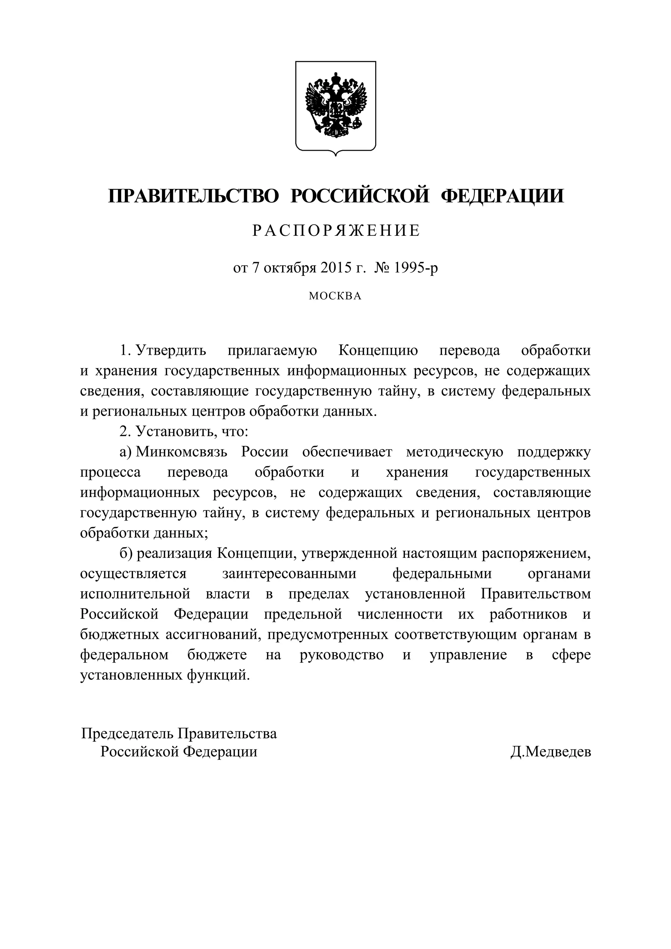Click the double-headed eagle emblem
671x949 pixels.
[x=336, y=105]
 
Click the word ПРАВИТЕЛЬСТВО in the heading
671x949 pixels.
[x=194, y=196]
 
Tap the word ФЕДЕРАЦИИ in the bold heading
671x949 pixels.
[x=502, y=196]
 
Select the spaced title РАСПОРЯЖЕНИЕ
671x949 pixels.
[x=336, y=231]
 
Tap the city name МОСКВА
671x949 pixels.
[x=335, y=296]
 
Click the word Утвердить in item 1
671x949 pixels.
[x=171, y=351]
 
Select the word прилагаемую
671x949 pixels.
[x=272, y=351]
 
